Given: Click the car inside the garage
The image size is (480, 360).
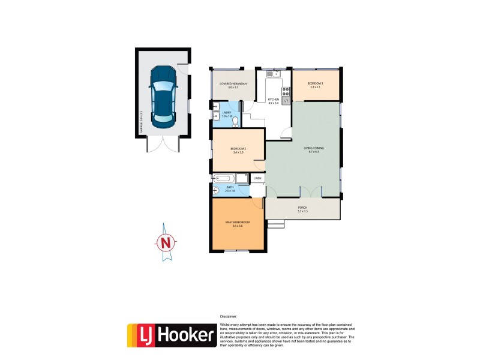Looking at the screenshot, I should pos(162,94).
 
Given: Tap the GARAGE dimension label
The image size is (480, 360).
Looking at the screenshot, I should pos(140,121).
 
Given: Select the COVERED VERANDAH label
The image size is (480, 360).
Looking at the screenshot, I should pos(229,85).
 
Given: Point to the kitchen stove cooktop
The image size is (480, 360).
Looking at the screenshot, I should pos(286,92).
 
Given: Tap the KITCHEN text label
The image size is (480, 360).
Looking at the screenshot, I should pos(274,101).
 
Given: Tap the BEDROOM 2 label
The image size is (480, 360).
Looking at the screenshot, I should pos(238,150).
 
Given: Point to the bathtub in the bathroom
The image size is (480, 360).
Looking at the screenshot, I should pos(224,178).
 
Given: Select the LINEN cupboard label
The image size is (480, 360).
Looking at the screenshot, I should pos(257,178).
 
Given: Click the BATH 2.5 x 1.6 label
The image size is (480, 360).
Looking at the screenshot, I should pos(230,189).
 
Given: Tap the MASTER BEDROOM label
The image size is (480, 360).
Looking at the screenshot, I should pos(237,223).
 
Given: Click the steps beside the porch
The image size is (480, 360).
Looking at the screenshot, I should pos(275,224).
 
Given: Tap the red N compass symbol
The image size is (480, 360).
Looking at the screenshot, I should pos(166,243).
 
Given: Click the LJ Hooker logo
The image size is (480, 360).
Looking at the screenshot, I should pos(171,335).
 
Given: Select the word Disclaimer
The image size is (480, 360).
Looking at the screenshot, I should pos(228,316).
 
